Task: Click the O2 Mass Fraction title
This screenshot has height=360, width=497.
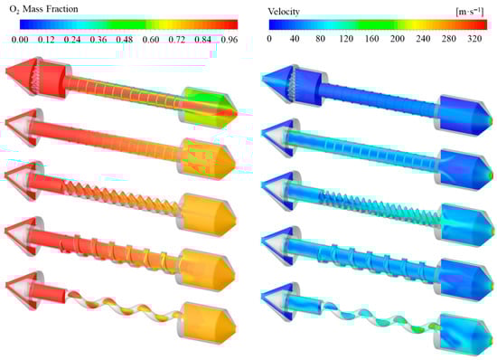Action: point(43,9)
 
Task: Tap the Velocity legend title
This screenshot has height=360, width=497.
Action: point(284,12)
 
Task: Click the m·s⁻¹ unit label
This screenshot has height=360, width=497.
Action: point(470,12)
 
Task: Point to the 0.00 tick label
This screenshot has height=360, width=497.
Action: point(20,40)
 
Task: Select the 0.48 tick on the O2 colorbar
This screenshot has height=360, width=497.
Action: point(125,40)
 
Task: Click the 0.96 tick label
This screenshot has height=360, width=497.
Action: point(230,40)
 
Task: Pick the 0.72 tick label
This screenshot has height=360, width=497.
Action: point(176,40)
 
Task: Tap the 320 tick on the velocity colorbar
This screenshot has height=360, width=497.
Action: point(474,39)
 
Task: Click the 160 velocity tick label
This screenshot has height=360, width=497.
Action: point(371,39)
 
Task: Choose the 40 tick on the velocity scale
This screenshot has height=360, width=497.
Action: point(295,39)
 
